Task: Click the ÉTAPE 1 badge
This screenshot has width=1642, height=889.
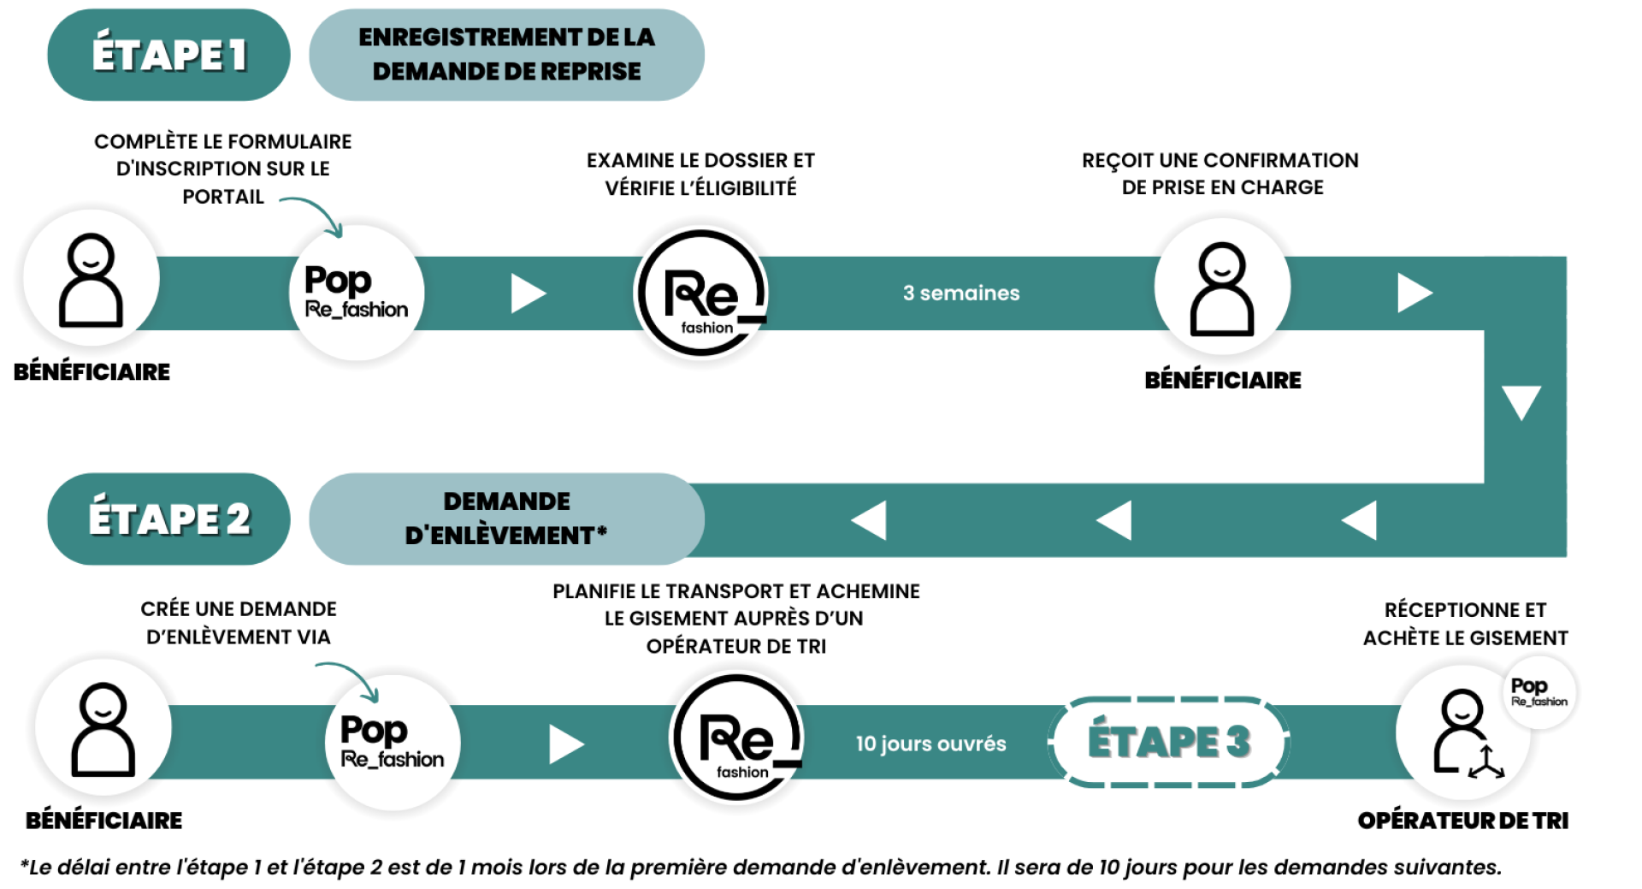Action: pyautogui.click(x=168, y=55)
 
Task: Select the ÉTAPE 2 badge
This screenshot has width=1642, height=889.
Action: pyautogui.click(x=168, y=519)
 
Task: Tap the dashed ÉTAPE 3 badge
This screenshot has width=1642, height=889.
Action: pyautogui.click(x=1168, y=741)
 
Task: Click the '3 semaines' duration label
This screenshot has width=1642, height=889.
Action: pyautogui.click(x=960, y=293)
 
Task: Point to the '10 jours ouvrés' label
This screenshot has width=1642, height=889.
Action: pyautogui.click(x=930, y=743)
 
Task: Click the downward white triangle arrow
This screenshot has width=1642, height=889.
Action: pyautogui.click(x=1521, y=402)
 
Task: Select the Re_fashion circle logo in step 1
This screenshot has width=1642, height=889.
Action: pyautogui.click(x=702, y=293)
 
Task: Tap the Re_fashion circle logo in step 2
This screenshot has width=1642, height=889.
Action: pyautogui.click(x=737, y=738)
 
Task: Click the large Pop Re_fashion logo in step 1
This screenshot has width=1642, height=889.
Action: pyautogui.click(x=356, y=293)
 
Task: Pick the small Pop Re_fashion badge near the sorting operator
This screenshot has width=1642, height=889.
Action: pyautogui.click(x=1539, y=691)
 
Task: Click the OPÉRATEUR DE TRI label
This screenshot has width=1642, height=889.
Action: pyautogui.click(x=1462, y=820)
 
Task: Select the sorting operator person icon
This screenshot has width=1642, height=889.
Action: pyautogui.click(x=1464, y=732)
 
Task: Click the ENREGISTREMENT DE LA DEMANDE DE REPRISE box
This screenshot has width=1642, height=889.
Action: pyautogui.click(x=506, y=55)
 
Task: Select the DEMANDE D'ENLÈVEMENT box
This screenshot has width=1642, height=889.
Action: pyautogui.click(x=506, y=519)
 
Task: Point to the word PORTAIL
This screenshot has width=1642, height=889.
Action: pyautogui.click(x=222, y=197)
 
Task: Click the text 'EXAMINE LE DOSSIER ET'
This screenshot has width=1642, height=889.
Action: pyautogui.click(x=700, y=160)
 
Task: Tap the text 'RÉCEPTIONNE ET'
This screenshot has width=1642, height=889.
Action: pyautogui.click(x=1464, y=610)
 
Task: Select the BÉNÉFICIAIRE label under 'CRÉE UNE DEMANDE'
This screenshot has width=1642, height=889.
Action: pyautogui.click(x=103, y=820)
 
